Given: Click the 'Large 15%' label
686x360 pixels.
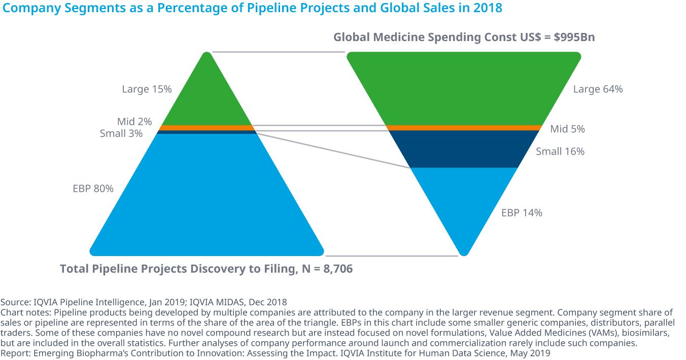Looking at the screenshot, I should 147,89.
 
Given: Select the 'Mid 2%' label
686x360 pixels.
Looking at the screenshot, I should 134,122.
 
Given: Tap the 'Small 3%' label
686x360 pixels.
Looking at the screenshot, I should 121,134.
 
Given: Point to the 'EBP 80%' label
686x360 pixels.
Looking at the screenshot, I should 93,189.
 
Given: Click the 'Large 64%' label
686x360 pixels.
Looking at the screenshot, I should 598,89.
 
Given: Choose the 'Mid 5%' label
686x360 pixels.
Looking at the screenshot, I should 567,129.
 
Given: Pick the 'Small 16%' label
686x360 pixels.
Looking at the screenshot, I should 560,151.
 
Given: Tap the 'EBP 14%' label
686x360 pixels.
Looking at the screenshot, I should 522,213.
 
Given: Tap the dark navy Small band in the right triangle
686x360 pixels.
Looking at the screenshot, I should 463,149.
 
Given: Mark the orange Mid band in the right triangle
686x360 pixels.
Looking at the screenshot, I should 463,128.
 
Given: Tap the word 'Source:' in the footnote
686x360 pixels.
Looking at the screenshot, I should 15,303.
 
